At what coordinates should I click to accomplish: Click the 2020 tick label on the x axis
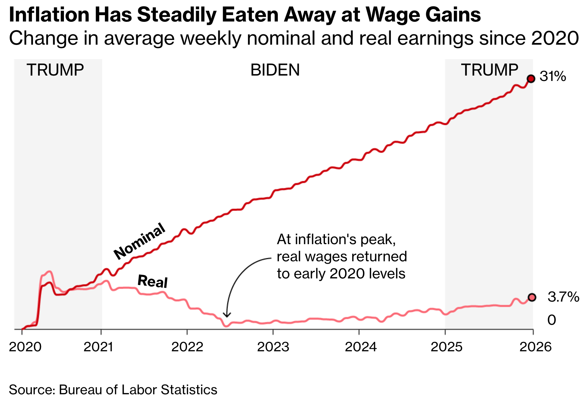click(x=25, y=347)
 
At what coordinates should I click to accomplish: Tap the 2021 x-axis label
click(x=98, y=347)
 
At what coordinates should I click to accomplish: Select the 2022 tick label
click(x=187, y=347)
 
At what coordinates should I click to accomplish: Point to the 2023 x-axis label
click(x=273, y=347)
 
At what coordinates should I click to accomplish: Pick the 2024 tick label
click(x=361, y=347)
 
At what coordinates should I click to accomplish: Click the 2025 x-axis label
click(x=446, y=347)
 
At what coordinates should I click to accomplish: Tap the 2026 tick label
click(x=535, y=347)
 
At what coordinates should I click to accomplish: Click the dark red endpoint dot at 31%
click(x=531, y=79)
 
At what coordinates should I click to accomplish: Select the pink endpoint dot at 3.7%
click(x=532, y=297)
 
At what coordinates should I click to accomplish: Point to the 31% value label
click(x=553, y=77)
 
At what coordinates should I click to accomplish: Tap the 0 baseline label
click(x=552, y=320)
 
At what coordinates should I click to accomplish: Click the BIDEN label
click(x=275, y=71)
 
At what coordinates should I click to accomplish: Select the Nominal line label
click(x=140, y=241)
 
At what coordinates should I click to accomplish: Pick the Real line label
click(x=152, y=281)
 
